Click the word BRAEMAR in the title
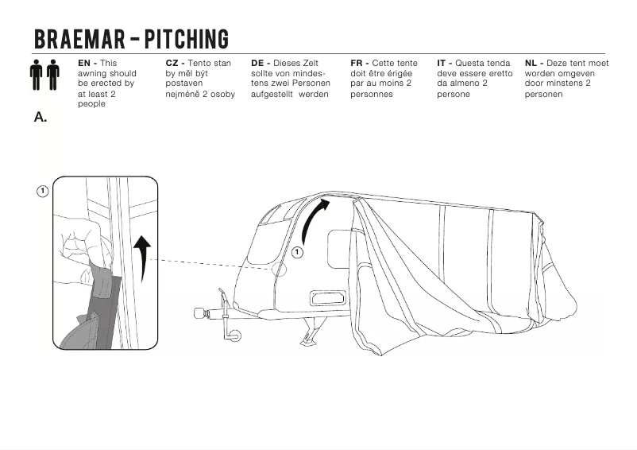pyautogui.click(x=75, y=39)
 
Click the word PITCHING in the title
pyautogui.click(x=186, y=39)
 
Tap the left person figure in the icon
pyautogui.click(x=37, y=75)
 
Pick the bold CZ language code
pyautogui.click(x=173, y=63)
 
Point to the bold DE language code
pyautogui.click(x=259, y=63)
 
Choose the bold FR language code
pyautogui.click(x=357, y=63)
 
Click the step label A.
pyautogui.click(x=41, y=117)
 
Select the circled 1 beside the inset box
pyautogui.click(x=42, y=192)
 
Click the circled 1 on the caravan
pyautogui.click(x=297, y=252)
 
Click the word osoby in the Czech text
pyautogui.click(x=218, y=94)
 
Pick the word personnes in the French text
pyautogui.click(x=372, y=94)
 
